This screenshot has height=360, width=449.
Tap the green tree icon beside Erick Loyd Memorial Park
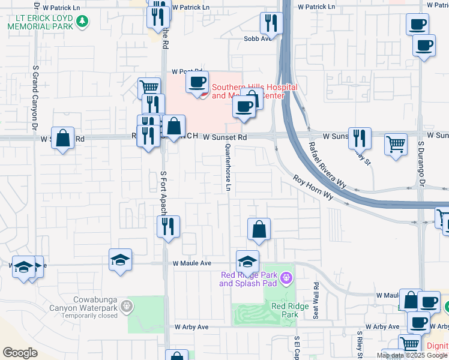pyautogui.click(x=83, y=23)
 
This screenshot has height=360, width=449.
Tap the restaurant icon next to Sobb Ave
pyautogui.click(x=271, y=23)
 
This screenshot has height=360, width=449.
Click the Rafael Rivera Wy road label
pyautogui.click(x=328, y=158)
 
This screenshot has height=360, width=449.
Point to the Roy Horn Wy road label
pyautogui.click(x=313, y=187)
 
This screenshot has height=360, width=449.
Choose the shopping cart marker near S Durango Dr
pyautogui.click(x=396, y=144)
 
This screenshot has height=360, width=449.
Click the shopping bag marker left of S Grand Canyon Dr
pyautogui.click(x=63, y=138)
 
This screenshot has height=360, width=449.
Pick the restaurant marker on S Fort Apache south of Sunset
pyautogui.click(x=168, y=227)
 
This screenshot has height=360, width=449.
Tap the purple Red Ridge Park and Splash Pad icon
pyautogui.click(x=287, y=277)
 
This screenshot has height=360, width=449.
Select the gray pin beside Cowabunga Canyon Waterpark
pyautogui.click(x=126, y=307)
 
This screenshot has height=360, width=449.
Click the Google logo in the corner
pyautogui.click(x=20, y=352)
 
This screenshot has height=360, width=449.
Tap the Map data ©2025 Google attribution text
pyautogui.click(x=412, y=355)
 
